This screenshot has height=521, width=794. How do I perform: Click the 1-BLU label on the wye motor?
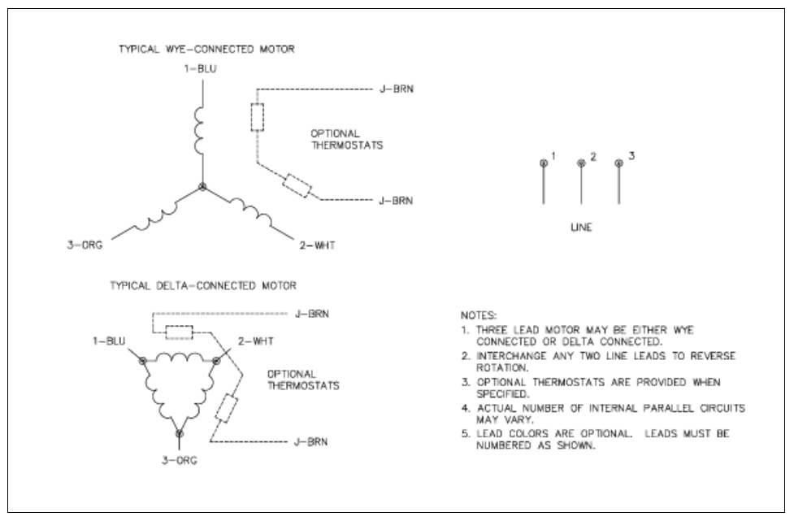[x=200, y=69]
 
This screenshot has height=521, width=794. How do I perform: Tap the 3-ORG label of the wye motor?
[x=85, y=245]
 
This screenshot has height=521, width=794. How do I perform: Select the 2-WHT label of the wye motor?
[x=317, y=245]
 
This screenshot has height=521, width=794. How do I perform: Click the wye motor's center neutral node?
[x=202, y=187]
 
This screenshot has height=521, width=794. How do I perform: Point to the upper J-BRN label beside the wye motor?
[x=397, y=89]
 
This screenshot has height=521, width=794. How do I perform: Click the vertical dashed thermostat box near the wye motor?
[x=258, y=118]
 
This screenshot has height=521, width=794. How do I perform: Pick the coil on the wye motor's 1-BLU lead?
[x=199, y=130]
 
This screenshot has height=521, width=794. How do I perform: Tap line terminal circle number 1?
[x=544, y=163]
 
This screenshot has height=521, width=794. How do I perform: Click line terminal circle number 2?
[x=581, y=163]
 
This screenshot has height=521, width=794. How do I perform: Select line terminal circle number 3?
[x=618, y=163]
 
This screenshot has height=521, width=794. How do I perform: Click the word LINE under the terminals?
[x=581, y=228]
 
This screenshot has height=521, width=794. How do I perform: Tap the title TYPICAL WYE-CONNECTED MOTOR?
[x=206, y=49]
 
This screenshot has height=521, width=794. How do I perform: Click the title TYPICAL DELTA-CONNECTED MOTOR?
[x=203, y=285]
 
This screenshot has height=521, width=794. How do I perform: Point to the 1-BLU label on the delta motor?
[x=109, y=341]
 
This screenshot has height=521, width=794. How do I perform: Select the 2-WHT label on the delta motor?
[x=256, y=341]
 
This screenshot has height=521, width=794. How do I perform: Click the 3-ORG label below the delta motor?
[x=180, y=460]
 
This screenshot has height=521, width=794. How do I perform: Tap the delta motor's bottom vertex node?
[x=180, y=433]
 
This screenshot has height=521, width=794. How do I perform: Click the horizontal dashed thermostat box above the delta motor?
[x=180, y=332]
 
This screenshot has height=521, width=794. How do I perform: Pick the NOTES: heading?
[x=479, y=315]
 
